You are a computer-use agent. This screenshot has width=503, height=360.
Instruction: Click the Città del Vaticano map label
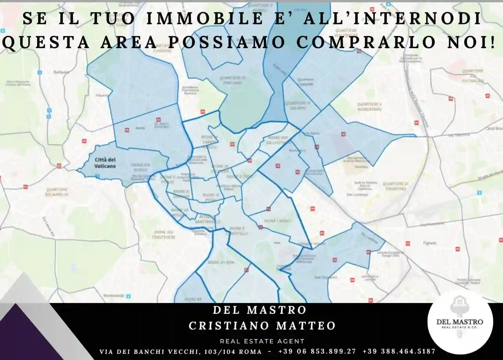[105, 163]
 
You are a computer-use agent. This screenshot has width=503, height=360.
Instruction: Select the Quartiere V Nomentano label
[369, 106]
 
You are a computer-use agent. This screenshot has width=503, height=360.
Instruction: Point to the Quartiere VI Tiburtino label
[395, 186]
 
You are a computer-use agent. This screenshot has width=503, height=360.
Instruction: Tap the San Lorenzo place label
[357, 195]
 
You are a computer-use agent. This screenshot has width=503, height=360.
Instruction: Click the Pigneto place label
[430, 243]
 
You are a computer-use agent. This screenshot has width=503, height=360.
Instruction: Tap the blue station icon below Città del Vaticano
[97, 176]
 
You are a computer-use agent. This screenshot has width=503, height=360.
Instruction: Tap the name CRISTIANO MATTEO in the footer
[262, 325]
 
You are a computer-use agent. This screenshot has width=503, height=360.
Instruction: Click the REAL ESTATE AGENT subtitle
[262, 341]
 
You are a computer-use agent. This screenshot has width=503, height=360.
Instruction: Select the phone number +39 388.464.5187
[399, 351]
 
